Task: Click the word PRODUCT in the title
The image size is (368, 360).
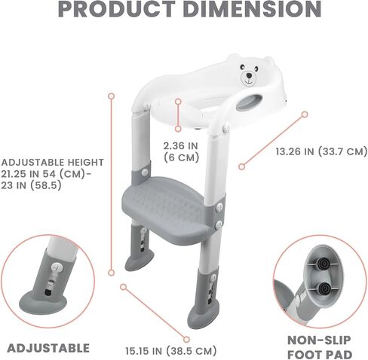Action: coord(117,8)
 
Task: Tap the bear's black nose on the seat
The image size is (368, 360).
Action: coord(249,75)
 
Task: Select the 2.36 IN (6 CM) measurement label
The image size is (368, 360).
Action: coord(181,151)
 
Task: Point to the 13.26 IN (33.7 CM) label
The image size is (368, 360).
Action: coord(321,151)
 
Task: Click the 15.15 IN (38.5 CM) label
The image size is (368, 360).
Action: coord(171,351)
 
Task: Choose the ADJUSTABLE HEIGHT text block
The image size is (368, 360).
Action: coord(52,174)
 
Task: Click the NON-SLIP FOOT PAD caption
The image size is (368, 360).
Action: coord(319,347)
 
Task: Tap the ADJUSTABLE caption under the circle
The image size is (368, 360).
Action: coord(48,348)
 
